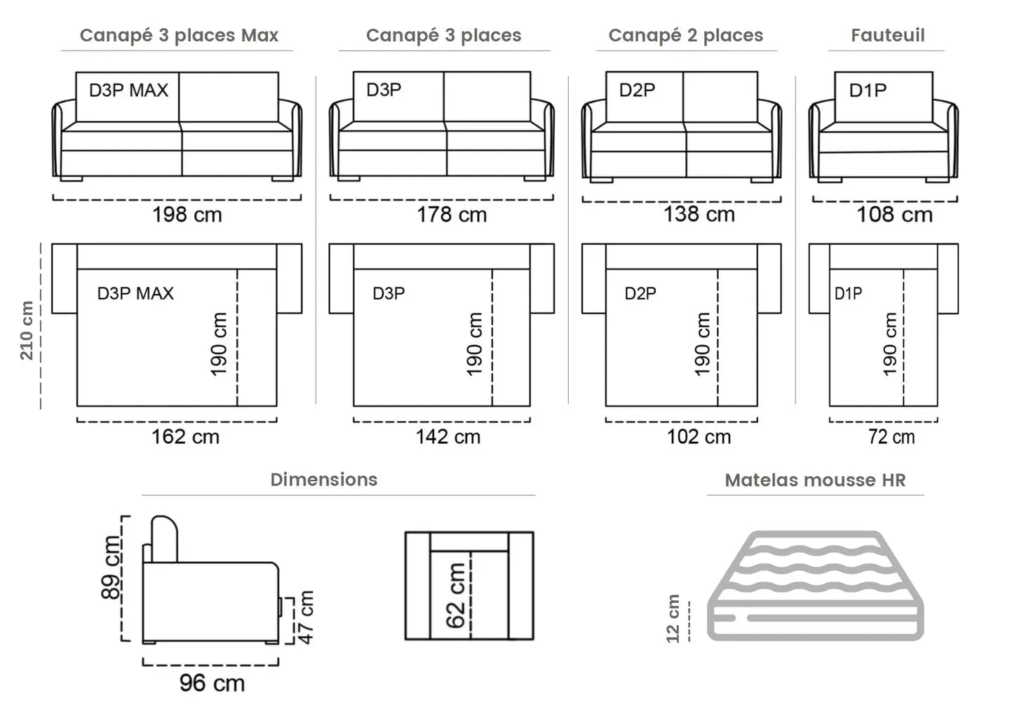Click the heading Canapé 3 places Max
click(x=179, y=36)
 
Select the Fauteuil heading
click(x=888, y=35)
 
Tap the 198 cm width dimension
click(x=187, y=215)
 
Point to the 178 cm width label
click(x=452, y=215)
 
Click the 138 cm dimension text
click(x=699, y=214)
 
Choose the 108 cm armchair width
click(x=894, y=215)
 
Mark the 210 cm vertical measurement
click(x=27, y=330)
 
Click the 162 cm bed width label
click(x=185, y=437)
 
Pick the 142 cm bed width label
click(x=447, y=437)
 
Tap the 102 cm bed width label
click(x=699, y=437)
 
